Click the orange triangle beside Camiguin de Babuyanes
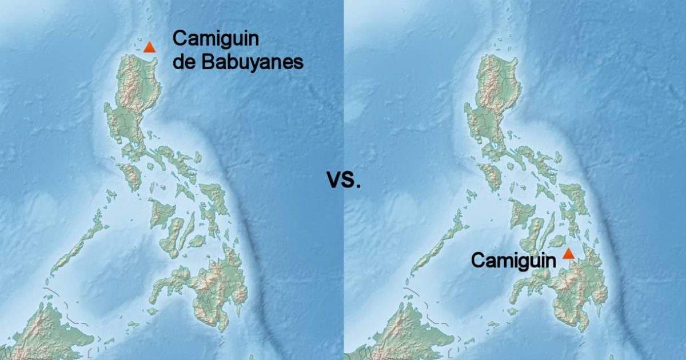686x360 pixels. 149,47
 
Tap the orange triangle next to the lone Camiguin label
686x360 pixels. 568,254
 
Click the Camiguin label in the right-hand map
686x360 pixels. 513,261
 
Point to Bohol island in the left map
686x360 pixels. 197,241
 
